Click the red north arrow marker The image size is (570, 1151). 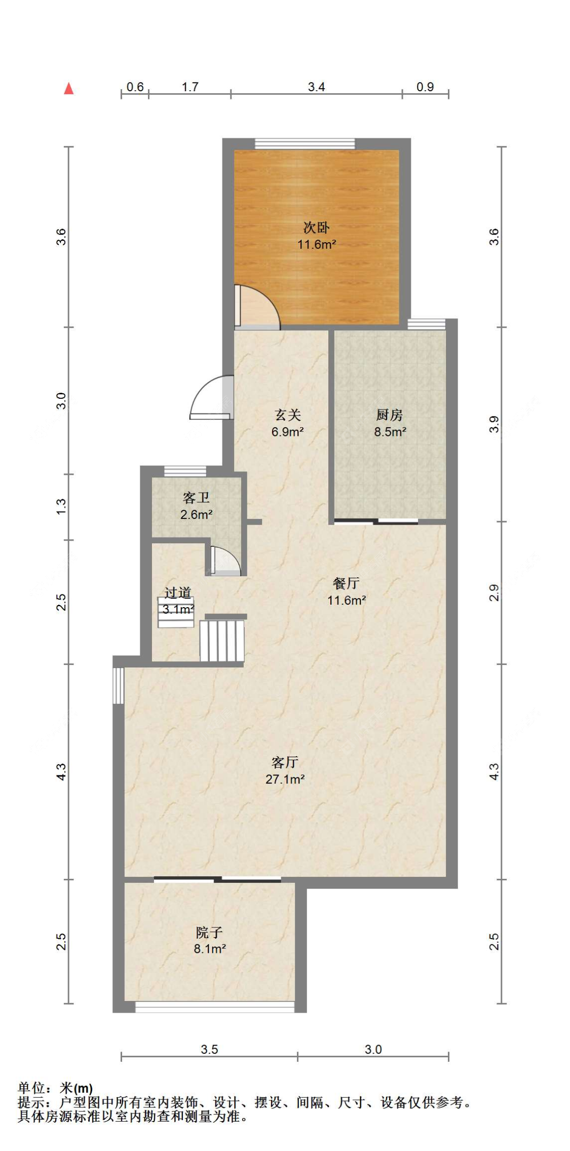click(x=69, y=89)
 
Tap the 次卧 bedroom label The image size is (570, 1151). click(x=316, y=227)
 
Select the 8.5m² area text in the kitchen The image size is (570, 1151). click(x=390, y=432)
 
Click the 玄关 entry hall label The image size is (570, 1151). click(x=287, y=415)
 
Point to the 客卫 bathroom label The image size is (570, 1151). click(x=196, y=497)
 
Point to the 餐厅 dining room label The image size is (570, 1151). click(x=346, y=583)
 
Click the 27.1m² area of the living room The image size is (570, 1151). click(x=285, y=779)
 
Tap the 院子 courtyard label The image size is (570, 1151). click(x=209, y=932)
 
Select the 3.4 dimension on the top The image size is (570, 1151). click(x=316, y=87)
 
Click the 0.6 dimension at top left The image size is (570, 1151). click(x=135, y=87)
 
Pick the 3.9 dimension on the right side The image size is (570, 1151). click(x=494, y=424)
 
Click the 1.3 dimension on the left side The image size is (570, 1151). click(x=61, y=507)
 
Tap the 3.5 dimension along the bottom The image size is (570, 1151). click(x=209, y=1049)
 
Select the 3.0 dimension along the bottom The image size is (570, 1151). click(x=373, y=1049)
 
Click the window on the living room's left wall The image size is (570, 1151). click(x=118, y=685)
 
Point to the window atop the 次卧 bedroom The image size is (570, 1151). click(x=305, y=144)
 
